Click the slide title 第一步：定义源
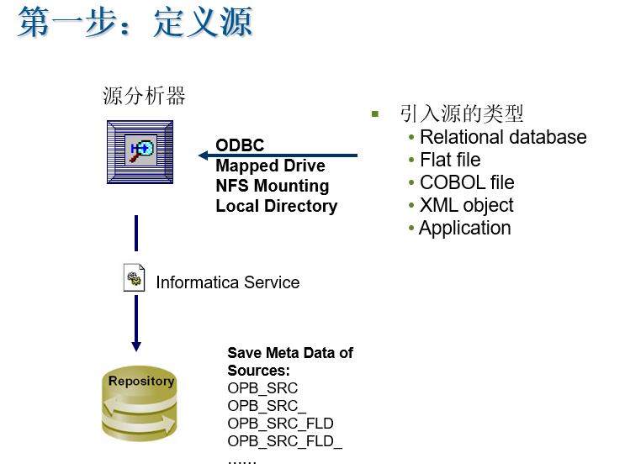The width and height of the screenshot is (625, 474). coord(135,23)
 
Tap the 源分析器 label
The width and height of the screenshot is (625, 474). coord(144,97)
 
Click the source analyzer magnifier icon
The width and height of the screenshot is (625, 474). coord(140,151)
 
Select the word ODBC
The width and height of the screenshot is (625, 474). coord(240,145)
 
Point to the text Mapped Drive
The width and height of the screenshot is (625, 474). coord(270,166)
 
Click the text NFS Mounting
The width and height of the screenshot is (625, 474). coord(272,186)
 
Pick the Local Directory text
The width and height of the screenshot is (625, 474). coord(276,206)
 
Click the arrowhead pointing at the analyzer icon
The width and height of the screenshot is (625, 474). coord(203,155)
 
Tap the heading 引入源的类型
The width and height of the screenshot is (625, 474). coord(461,114)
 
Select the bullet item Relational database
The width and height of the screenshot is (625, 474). coord(503,137)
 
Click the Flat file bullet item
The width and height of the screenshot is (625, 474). coord(450,160)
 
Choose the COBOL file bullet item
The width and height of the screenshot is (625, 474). coord(467,182)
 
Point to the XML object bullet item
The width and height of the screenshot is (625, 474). coord(466,205)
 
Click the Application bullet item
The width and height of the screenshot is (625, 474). coord(464,228)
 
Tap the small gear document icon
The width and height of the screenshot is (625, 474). coord(134,279)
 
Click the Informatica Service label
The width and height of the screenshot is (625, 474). coord(227,282)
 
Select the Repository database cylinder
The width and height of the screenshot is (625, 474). coord(140,404)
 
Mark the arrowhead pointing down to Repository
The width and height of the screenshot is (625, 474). coord(136,346)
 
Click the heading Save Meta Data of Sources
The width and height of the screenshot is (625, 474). coord(289,361)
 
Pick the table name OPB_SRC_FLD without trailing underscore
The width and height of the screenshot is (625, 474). coord(280,424)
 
